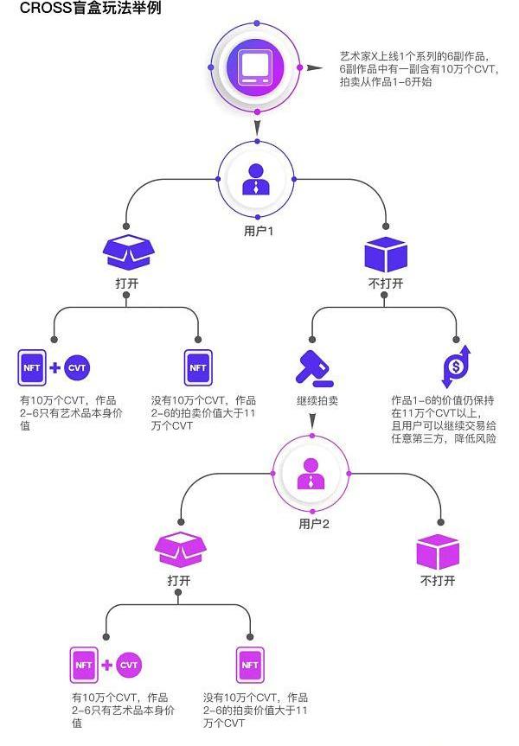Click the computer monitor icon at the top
(x=257, y=67)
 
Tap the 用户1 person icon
(x=256, y=178)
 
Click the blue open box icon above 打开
(x=126, y=251)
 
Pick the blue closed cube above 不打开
(x=386, y=253)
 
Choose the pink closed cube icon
(x=438, y=551)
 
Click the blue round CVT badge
(x=78, y=367)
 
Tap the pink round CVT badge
(x=128, y=665)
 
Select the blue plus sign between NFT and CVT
(x=54, y=367)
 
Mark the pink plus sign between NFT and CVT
(x=106, y=665)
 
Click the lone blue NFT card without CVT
(x=198, y=367)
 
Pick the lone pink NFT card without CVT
(x=249, y=665)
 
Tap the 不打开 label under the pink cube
(x=438, y=581)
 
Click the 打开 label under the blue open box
(x=126, y=283)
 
